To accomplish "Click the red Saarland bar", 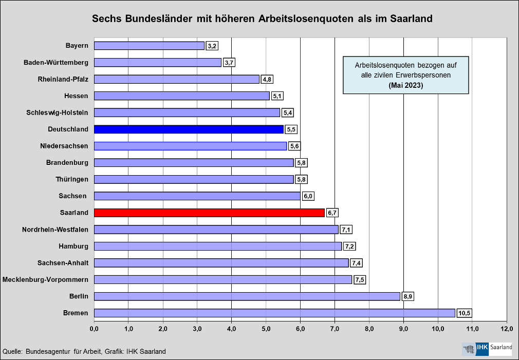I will [x=209, y=213].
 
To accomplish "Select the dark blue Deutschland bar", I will [x=189, y=129].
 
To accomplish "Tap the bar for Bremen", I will [x=274, y=313].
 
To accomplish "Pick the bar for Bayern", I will [x=149, y=46].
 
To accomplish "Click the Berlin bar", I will [x=247, y=296].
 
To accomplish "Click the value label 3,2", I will [x=212, y=46].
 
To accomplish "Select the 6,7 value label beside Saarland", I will [x=332, y=213].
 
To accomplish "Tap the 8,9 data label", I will [x=408, y=296].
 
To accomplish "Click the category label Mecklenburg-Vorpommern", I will [x=45, y=279].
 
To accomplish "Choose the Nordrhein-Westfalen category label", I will [x=55, y=229].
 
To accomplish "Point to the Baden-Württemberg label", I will [x=56, y=63].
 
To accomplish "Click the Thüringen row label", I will [x=72, y=179].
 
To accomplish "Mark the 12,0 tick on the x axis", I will [x=507, y=328].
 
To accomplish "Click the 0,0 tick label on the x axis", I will [x=94, y=328].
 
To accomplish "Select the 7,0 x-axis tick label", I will [x=335, y=328].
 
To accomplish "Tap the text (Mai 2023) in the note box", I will [x=406, y=85].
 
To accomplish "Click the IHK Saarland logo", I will [x=487, y=348].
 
